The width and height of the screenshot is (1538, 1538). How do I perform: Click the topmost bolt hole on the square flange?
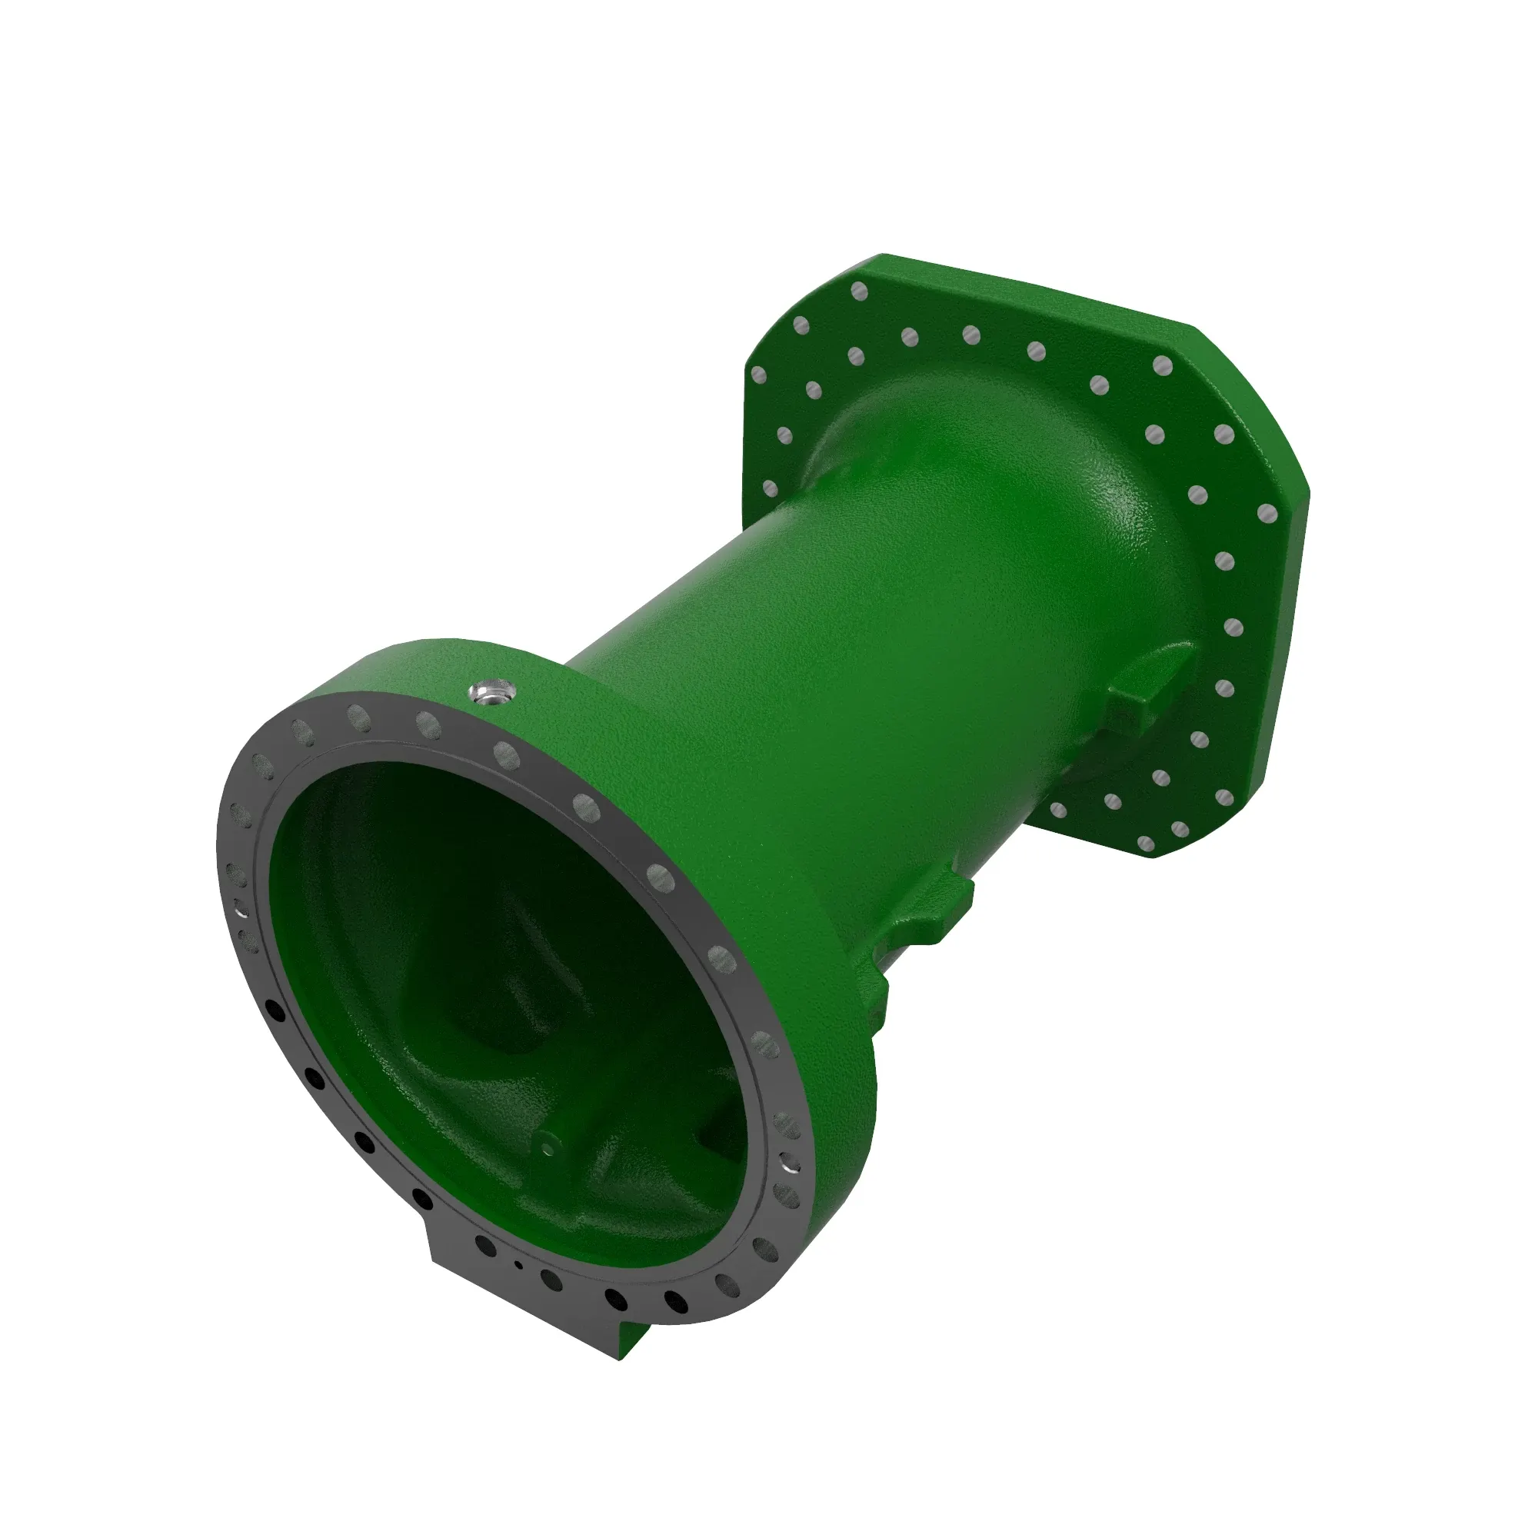(858, 291)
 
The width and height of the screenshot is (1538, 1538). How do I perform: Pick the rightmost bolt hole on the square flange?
(1267, 514)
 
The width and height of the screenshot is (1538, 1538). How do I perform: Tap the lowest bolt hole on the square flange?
(1147, 843)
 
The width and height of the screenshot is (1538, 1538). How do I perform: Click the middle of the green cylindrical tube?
(796, 677)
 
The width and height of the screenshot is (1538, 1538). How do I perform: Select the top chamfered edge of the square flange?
(1035, 287)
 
